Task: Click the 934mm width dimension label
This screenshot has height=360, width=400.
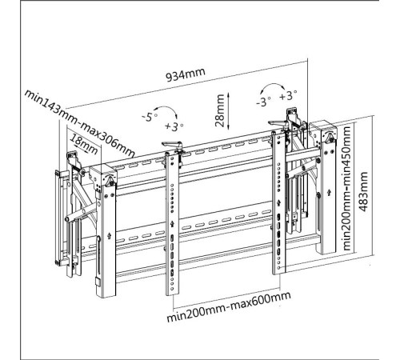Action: [186, 74]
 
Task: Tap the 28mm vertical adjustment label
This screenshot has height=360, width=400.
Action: [220, 110]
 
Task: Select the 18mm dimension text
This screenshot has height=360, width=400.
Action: [84, 145]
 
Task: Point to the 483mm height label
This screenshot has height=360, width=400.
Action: [363, 191]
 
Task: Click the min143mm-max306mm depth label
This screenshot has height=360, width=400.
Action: [79, 124]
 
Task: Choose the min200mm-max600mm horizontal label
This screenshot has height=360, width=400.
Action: [229, 307]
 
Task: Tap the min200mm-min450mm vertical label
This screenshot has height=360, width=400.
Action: [347, 188]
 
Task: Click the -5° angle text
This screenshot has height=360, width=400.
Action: [150, 117]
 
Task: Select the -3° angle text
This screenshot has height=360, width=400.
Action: [263, 102]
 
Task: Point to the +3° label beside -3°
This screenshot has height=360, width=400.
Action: [288, 95]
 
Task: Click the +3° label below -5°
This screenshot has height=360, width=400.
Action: [174, 126]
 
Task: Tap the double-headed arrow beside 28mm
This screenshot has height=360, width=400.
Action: [229, 111]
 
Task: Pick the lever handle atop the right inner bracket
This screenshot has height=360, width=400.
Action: [278, 123]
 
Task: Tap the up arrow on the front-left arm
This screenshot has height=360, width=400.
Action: [109, 236]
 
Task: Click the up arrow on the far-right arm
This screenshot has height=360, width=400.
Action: [330, 192]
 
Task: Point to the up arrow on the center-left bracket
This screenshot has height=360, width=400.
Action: [172, 224]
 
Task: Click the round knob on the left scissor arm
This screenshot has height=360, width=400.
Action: [67, 219]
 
